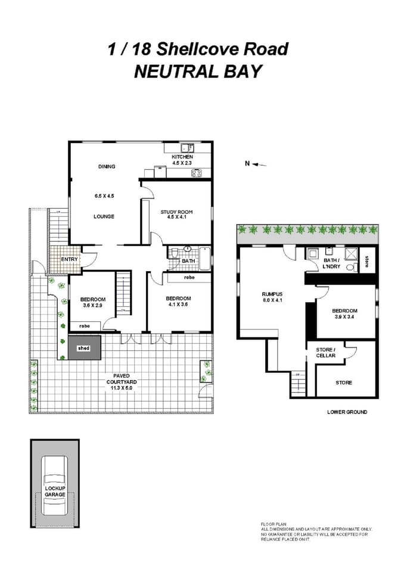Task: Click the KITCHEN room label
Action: point(182,157)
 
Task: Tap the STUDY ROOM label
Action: point(174,212)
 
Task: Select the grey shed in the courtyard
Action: point(84,348)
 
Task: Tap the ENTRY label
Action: point(69,259)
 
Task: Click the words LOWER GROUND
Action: point(347,412)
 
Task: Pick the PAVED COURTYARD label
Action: point(123,375)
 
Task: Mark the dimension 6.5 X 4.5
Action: point(104,196)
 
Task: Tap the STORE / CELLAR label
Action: point(326,353)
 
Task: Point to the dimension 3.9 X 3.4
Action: point(344,317)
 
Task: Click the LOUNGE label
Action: point(104,216)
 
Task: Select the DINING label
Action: point(107,167)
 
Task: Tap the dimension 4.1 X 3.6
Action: point(178,304)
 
